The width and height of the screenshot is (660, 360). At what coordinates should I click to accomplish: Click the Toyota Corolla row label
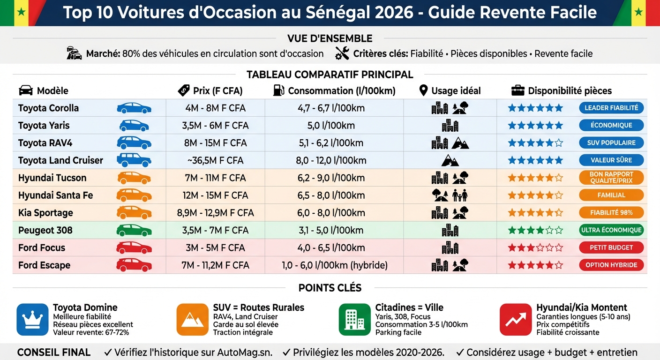click(48, 108)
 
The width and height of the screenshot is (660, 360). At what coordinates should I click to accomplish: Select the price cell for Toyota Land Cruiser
click(215, 160)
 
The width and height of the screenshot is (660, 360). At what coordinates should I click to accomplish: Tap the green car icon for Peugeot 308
click(134, 230)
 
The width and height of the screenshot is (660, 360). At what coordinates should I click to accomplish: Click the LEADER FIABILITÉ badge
click(611, 108)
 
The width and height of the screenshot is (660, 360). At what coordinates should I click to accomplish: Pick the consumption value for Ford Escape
click(335, 265)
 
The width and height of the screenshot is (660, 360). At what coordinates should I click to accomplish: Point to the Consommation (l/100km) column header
click(342, 90)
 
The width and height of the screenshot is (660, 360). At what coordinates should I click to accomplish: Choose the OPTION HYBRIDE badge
click(611, 265)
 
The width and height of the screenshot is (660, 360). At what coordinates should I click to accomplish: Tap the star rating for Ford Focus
click(535, 247)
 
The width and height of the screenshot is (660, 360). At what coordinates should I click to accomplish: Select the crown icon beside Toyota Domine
click(32, 320)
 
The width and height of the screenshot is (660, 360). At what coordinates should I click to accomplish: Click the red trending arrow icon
click(516, 320)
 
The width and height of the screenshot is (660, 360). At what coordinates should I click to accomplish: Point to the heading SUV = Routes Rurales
click(259, 307)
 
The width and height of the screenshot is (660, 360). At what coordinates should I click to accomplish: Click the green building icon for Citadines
click(354, 320)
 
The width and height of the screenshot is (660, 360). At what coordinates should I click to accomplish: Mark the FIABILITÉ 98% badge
click(611, 213)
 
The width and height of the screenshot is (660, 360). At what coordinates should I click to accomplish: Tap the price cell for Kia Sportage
click(215, 213)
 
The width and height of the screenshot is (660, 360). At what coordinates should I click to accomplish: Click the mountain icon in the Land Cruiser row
click(450, 160)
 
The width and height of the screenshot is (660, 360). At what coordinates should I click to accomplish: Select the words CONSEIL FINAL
click(54, 352)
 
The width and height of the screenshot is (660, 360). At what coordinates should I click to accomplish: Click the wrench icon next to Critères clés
click(342, 53)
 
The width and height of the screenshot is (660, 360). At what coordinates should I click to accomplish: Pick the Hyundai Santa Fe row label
click(55, 195)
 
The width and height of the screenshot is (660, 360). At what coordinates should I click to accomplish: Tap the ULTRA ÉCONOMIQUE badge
click(611, 230)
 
